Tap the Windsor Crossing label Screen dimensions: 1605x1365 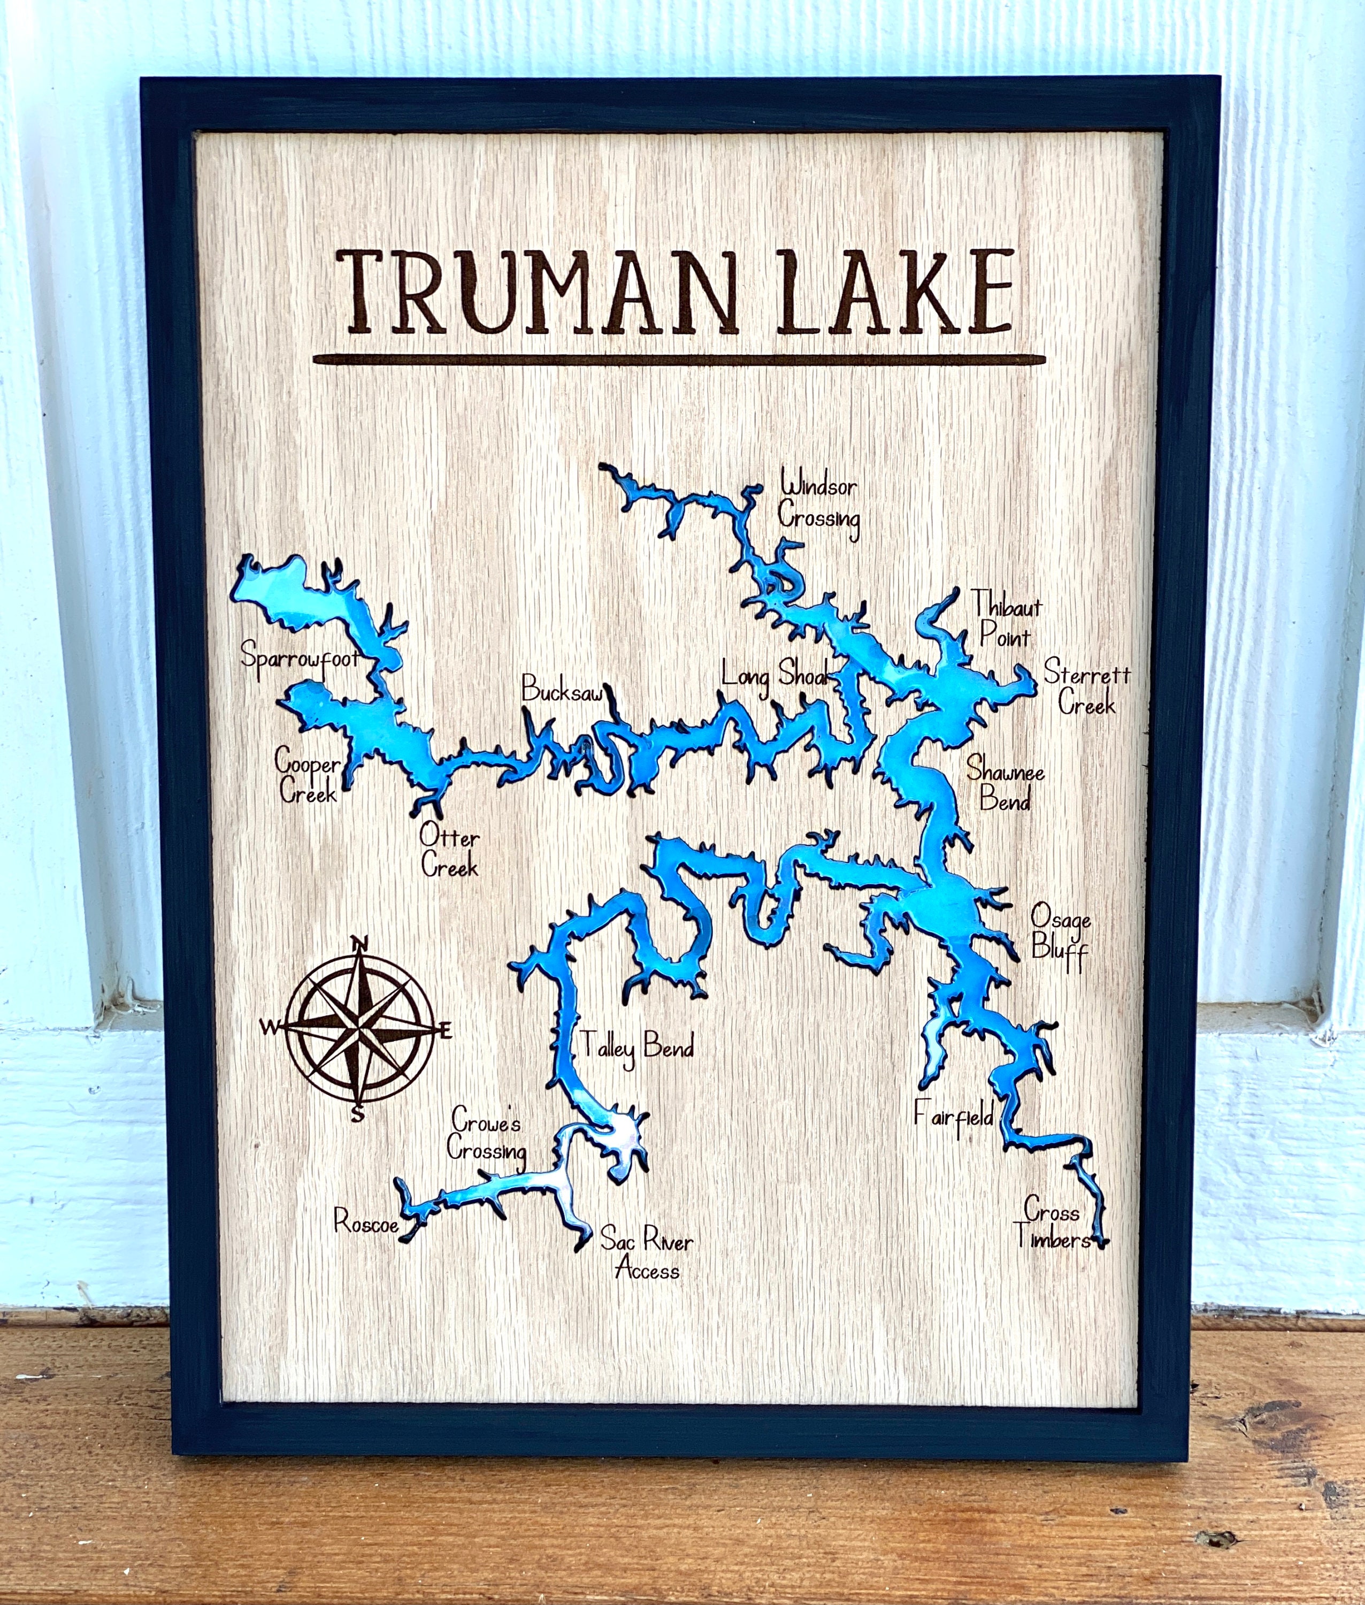point(819,502)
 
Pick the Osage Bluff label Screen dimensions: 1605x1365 point(1061,934)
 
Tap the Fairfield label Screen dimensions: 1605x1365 point(953,1117)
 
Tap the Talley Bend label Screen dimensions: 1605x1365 point(635,1046)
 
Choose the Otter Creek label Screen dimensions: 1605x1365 point(450,853)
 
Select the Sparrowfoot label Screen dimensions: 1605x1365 point(300,659)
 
